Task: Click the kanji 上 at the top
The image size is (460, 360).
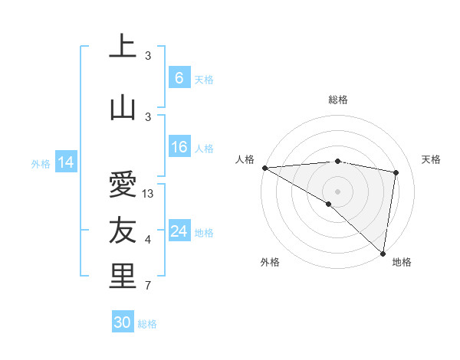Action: [122, 47]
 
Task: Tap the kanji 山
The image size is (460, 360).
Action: [122, 107]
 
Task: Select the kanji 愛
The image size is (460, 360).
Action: [122, 185]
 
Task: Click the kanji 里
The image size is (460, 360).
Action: [122, 277]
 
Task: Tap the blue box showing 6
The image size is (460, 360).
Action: [179, 77]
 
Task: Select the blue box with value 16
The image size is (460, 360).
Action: [179, 147]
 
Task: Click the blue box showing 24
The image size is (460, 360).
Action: [179, 231]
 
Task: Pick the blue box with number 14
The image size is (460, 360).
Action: [66, 162]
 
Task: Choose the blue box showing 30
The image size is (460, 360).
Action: [122, 322]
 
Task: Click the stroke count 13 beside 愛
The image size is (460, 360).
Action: [149, 194]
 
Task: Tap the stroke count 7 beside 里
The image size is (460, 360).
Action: [148, 286]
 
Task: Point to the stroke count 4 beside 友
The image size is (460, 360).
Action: [148, 241]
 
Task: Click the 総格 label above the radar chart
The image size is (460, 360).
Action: [338, 100]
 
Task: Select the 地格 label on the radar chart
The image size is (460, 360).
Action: [402, 262]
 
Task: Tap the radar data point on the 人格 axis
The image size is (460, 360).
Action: [264, 168]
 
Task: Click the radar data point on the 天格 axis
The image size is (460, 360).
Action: [396, 172]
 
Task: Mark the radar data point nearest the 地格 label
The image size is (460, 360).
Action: [383, 253]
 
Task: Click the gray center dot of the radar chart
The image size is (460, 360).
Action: [338, 191]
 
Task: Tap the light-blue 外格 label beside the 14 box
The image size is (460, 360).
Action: [41, 163]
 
